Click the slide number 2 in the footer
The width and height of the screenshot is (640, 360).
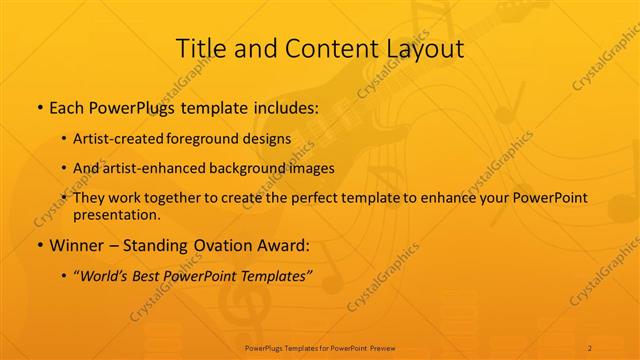590,348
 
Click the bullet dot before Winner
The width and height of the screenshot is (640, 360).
40,245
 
